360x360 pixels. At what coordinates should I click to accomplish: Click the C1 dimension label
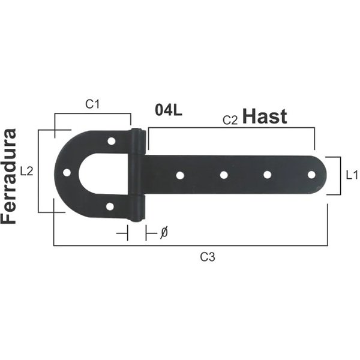click(x=92, y=104)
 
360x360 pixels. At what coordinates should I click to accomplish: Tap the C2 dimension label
click(x=230, y=120)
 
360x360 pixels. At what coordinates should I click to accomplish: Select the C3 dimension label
click(x=208, y=257)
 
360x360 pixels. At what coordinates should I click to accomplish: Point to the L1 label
click(x=352, y=176)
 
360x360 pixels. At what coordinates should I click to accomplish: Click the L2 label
click(x=26, y=171)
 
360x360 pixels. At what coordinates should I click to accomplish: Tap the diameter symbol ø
click(x=164, y=233)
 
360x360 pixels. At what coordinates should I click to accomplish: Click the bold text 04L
click(x=169, y=110)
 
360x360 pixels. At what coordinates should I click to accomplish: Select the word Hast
click(x=265, y=116)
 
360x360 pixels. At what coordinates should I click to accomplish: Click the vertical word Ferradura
click(x=9, y=176)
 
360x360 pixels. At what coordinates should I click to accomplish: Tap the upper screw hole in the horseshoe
click(x=112, y=141)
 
